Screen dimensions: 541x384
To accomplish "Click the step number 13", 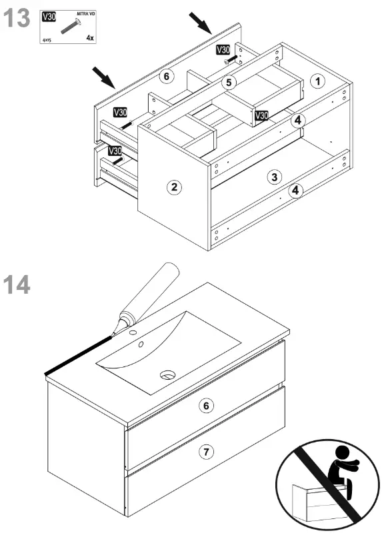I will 17,18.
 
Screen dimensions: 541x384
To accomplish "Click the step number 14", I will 17,284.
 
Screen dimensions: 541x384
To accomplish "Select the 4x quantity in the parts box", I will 89,39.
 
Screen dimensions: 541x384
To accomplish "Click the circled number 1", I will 318,81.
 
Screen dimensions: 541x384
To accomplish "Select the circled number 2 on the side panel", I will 173,187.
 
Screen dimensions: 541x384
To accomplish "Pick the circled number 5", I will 229,83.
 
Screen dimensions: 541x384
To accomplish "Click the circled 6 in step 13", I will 167,77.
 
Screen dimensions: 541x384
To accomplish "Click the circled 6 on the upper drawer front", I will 207,405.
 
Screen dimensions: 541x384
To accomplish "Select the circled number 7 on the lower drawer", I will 207,452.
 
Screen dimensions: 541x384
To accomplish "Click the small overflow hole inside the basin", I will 141,344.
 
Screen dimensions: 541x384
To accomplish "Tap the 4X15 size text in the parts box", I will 48,39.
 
